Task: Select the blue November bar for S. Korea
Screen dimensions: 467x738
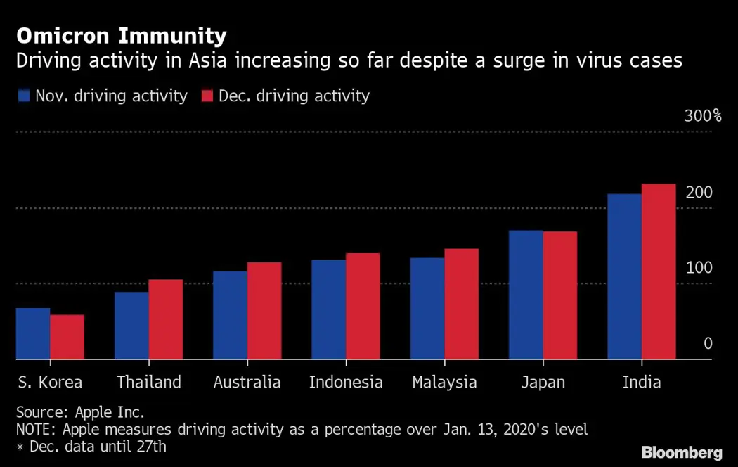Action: [33, 333]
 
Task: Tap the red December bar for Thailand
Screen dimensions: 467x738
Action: [165, 319]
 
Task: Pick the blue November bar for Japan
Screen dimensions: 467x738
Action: [526, 295]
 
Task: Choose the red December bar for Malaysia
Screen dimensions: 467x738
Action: [461, 304]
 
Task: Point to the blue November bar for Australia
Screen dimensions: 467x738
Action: [230, 315]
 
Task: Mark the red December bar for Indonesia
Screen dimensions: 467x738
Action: [363, 306]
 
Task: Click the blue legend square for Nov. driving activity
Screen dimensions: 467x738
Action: [24, 96]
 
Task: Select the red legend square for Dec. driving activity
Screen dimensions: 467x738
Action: [207, 96]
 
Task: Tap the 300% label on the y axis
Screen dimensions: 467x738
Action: [702, 116]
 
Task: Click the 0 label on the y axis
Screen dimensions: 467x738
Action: [708, 343]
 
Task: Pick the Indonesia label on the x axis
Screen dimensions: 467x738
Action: [346, 383]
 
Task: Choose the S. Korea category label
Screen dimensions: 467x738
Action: [49, 383]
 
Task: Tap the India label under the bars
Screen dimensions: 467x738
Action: [641, 383]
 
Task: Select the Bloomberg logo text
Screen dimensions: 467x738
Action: [681, 452]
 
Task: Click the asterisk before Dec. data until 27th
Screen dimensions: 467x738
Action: [20, 447]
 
